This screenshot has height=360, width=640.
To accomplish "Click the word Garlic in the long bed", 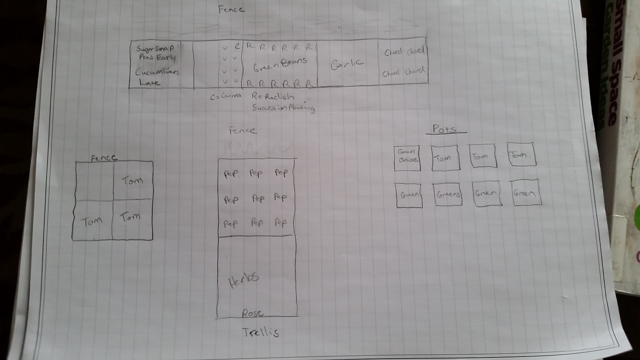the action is (347, 64).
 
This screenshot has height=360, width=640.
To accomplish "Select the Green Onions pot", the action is (407, 158).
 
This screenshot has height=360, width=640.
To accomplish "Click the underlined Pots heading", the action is (444, 129).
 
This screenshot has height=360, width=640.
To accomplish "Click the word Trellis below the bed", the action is (260, 332).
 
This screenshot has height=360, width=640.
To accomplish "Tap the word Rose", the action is (252, 313).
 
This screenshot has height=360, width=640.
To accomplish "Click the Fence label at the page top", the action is (231, 9).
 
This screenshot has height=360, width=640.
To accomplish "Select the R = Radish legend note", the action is (273, 97).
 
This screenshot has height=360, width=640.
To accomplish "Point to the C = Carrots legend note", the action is (226, 96).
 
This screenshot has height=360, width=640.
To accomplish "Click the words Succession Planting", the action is (283, 108).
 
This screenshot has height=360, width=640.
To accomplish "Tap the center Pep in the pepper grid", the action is (258, 198).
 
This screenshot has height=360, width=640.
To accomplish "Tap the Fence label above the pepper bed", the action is (242, 130).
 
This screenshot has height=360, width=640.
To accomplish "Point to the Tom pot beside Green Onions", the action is (444, 158).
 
